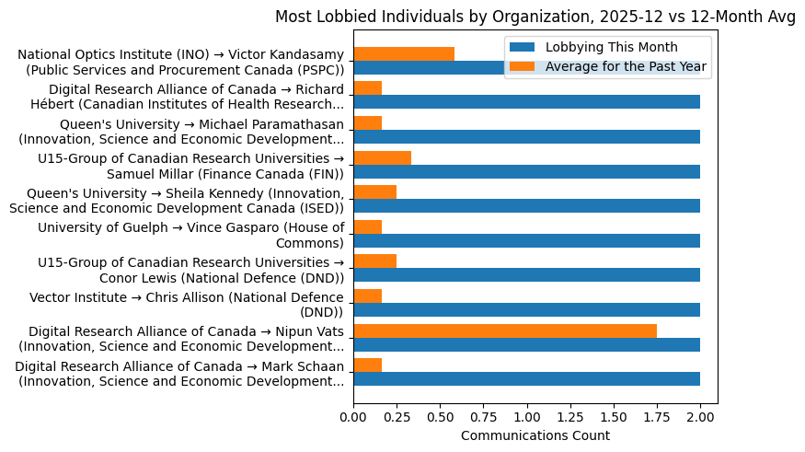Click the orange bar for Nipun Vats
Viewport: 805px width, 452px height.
(505, 330)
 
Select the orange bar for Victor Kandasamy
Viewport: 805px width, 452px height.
(404, 53)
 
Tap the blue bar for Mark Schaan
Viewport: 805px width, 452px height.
(526, 378)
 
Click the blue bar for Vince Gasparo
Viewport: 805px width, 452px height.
(526, 240)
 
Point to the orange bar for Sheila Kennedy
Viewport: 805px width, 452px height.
(374, 192)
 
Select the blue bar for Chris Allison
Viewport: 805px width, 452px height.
(526, 309)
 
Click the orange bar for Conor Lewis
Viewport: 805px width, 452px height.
(374, 261)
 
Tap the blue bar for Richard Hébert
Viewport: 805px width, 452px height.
(526, 102)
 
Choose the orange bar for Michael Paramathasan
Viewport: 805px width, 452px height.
(367, 123)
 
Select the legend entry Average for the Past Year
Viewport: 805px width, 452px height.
(626, 65)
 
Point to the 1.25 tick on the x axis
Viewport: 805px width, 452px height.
(570, 404)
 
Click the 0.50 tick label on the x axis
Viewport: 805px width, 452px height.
(440, 417)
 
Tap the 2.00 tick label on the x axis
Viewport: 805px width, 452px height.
(700, 417)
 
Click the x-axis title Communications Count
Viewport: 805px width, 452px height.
(535, 435)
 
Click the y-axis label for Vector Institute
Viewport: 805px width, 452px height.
(187, 304)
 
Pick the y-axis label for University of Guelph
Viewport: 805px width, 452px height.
(190, 235)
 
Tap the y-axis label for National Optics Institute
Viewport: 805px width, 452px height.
(181, 63)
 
